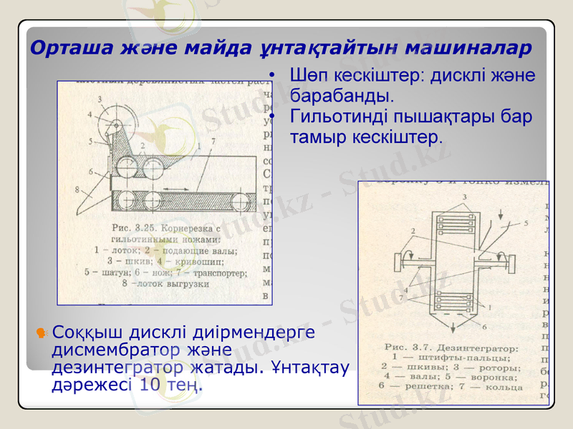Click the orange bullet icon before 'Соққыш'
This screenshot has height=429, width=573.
pyautogui.click(x=42, y=333)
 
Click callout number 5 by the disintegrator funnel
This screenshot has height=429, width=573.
pyautogui.click(x=526, y=223)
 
